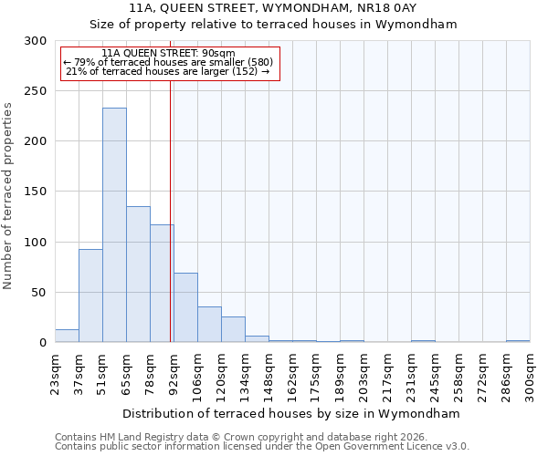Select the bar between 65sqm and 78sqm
coord(138,275)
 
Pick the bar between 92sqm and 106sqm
coord(185,307)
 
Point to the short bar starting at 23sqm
coord(67,337)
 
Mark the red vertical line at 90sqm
coord(170,210)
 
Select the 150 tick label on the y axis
coord(36,192)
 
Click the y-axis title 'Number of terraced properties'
coord(8,196)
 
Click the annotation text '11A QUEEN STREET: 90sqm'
coord(168,53)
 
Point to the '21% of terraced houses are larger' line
coord(168,71)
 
